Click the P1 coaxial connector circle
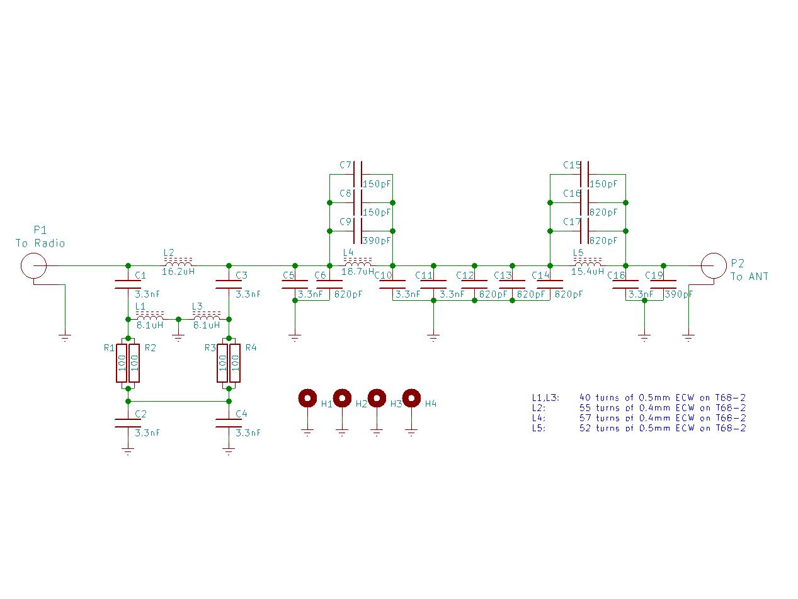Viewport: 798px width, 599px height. pyautogui.click(x=33, y=265)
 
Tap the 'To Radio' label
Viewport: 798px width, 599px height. pyautogui.click(x=40, y=243)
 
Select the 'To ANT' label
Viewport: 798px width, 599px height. pyautogui.click(x=750, y=276)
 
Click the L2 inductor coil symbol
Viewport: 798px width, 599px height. pyautogui.click(x=178, y=262)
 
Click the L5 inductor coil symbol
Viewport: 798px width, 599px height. pyautogui.click(x=588, y=262)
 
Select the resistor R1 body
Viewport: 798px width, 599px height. pyautogui.click(x=122, y=363)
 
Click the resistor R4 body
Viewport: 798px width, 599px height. pyautogui.click(x=235, y=363)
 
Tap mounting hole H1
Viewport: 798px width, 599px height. pyautogui.click(x=307, y=398)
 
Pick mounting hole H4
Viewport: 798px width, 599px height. pyautogui.click(x=411, y=398)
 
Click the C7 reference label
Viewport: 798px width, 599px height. pyautogui.click(x=345, y=165)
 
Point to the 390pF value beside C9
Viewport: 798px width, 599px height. pyautogui.click(x=377, y=241)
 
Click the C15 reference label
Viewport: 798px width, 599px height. pyautogui.click(x=572, y=165)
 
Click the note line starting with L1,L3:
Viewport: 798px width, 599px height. pyautogui.click(x=639, y=398)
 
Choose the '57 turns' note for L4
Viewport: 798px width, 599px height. pyautogui.click(x=639, y=418)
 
